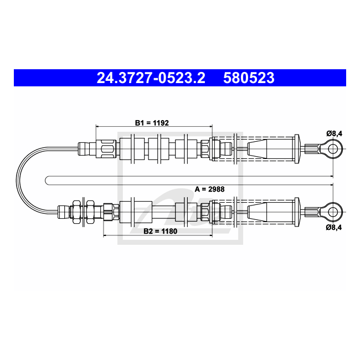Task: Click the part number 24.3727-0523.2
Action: (151, 78)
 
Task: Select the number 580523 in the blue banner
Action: (249, 78)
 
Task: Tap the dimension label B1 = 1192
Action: (152, 123)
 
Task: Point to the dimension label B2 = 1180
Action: (160, 231)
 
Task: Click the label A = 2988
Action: (209, 189)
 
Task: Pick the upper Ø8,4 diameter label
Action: (335, 133)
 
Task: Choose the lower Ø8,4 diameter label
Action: (334, 227)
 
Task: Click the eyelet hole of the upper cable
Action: (333, 149)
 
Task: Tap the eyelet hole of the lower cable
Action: (333, 212)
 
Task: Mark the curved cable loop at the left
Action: (17, 180)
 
